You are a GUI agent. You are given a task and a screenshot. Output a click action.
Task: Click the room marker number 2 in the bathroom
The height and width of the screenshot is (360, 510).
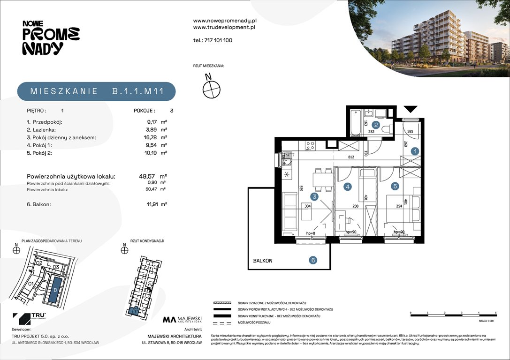tap(376, 125)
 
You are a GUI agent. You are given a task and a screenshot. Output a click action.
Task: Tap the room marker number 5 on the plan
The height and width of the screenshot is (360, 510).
tap(395, 186)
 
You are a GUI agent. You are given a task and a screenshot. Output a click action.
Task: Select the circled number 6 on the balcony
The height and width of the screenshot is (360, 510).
tap(313, 261)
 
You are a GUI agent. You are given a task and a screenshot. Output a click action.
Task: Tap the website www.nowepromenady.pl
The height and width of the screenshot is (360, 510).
tap(225, 21)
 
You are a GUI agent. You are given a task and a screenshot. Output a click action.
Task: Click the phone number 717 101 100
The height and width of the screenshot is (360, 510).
tap(218, 40)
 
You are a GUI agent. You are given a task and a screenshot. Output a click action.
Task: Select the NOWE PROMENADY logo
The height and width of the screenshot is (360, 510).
tap(51, 37)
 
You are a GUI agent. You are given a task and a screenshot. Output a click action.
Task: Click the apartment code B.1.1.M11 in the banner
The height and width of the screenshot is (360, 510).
tap(137, 91)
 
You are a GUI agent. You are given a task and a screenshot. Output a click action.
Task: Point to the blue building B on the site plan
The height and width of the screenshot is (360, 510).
tap(55, 290)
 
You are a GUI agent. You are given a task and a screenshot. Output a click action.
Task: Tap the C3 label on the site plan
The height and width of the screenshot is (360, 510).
tap(55, 267)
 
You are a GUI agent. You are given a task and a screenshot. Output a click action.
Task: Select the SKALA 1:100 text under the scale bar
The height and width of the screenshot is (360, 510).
tap(486, 322)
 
